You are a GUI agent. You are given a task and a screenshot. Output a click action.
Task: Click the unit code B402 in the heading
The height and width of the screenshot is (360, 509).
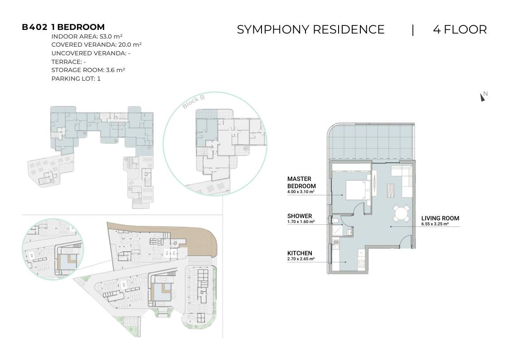[x=35, y=27]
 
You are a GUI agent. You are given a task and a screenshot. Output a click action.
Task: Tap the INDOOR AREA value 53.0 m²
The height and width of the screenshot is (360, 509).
[x=111, y=36]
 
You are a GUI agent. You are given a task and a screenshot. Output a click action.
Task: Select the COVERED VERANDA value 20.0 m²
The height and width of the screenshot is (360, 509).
[x=130, y=45]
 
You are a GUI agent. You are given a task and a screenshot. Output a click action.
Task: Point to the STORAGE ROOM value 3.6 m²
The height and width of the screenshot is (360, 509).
[x=116, y=70]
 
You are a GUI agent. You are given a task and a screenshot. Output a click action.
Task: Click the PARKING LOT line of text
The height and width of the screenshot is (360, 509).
[x=76, y=78]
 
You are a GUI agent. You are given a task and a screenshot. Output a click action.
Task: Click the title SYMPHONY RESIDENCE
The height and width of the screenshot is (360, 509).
[x=310, y=29]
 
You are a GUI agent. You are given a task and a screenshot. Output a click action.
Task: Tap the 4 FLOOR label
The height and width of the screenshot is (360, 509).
[x=460, y=29]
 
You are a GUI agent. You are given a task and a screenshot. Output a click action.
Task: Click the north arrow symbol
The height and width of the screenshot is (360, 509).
[x=482, y=97]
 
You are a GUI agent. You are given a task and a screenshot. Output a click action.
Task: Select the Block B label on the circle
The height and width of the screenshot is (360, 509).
[x=194, y=102]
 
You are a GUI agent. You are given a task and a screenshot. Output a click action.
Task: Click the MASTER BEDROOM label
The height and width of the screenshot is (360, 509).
[x=301, y=182]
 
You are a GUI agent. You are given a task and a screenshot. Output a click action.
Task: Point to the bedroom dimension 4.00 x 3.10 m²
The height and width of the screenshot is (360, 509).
[x=301, y=192]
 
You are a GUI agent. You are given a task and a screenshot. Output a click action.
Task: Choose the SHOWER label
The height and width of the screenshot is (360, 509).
[x=300, y=216]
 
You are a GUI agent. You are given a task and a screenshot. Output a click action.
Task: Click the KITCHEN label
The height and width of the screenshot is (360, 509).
[x=300, y=253]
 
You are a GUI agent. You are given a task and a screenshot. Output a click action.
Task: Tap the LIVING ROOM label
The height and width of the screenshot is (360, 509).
[x=440, y=219]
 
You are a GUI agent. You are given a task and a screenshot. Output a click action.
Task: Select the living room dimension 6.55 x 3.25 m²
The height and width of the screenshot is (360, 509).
[x=435, y=224]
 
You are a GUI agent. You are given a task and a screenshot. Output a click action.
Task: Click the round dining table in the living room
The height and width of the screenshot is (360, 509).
[x=401, y=214]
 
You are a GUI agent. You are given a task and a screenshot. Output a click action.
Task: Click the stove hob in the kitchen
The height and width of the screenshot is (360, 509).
[x=361, y=264]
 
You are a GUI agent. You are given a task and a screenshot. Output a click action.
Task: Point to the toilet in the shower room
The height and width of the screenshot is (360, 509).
[x=336, y=221]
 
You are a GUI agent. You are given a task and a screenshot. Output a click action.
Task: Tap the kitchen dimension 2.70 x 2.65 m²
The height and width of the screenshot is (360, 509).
[x=301, y=259]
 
